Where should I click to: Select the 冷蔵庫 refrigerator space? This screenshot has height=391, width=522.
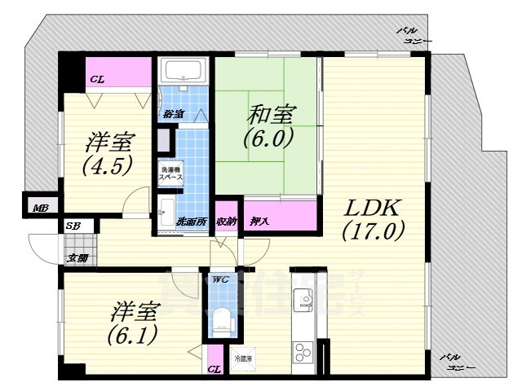pyautogui.click(x=243, y=358)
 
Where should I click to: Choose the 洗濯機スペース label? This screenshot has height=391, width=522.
pyautogui.click(x=170, y=173)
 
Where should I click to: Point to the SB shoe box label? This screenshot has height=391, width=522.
pyautogui.click(x=73, y=225)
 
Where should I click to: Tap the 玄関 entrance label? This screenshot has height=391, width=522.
pyautogui.click(x=77, y=258)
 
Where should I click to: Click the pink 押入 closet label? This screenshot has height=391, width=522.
pyautogui.click(x=260, y=221)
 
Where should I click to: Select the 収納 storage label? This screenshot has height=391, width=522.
pyautogui.click(x=227, y=221)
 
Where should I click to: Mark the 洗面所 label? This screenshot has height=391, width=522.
pyautogui.click(x=191, y=222)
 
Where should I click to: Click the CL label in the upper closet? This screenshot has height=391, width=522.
pyautogui.click(x=97, y=79)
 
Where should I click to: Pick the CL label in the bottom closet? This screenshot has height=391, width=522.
pyautogui.click(x=214, y=370)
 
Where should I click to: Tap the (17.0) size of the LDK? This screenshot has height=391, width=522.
pyautogui.click(x=373, y=231)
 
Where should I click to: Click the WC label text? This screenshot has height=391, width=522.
pyautogui.click(x=219, y=279)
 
